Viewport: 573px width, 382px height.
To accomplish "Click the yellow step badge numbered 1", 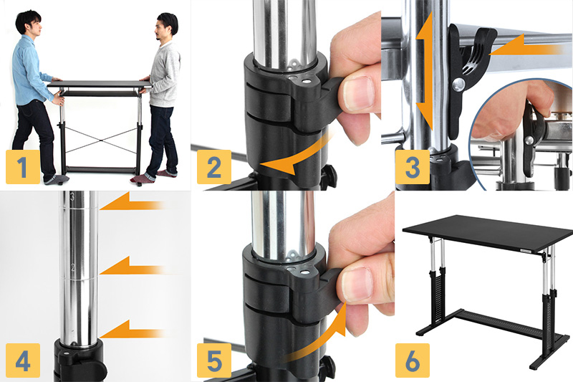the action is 23,167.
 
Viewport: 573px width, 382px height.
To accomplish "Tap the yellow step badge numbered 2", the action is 214,167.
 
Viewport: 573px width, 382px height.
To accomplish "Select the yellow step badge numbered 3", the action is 413,167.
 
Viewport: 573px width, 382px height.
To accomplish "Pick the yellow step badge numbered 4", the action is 23,360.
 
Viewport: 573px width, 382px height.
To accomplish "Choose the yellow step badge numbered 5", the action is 214,360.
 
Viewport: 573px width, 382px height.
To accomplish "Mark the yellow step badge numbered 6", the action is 413,360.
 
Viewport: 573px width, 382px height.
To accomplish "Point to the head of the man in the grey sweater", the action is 166,27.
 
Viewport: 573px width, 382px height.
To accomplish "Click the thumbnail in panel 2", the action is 357,93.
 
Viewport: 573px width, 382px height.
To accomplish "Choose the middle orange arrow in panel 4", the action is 132,266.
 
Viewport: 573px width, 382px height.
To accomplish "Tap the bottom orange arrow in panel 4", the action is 132,330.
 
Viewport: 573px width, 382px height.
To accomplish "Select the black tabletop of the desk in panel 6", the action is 488,232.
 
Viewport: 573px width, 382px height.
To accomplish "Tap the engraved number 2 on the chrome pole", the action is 73,268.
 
